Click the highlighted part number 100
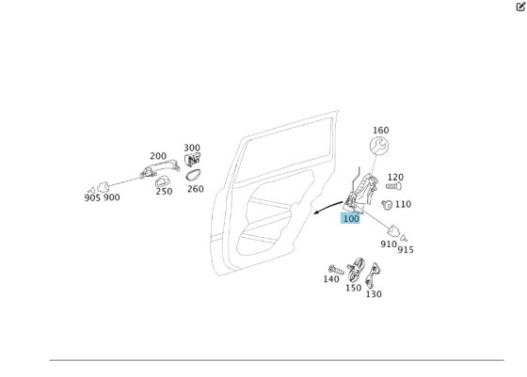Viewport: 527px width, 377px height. (x=350, y=219)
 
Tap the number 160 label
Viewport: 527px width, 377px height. (x=380, y=131)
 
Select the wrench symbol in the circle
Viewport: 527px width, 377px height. (x=379, y=147)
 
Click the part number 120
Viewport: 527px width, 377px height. (x=395, y=177)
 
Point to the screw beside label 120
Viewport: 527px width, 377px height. (x=393, y=186)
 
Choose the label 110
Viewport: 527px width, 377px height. (x=403, y=204)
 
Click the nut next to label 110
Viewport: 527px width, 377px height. (x=387, y=204)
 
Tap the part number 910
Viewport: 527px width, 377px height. (x=389, y=244)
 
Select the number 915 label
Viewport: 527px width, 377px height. (x=406, y=250)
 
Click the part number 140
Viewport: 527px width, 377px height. (x=331, y=279)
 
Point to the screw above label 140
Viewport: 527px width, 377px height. (x=336, y=270)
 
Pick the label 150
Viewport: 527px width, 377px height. (x=353, y=289)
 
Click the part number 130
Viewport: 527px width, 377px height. (x=374, y=294)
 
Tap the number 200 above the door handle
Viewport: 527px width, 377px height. (x=158, y=157)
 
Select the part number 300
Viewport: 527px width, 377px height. (x=192, y=148)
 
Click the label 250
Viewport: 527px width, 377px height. (x=164, y=192)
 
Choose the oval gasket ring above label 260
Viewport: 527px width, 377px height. (x=193, y=175)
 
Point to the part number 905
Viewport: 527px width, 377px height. (x=92, y=197)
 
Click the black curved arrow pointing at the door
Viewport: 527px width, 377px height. (x=328, y=208)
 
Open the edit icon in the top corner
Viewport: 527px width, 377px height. (x=520, y=7)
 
